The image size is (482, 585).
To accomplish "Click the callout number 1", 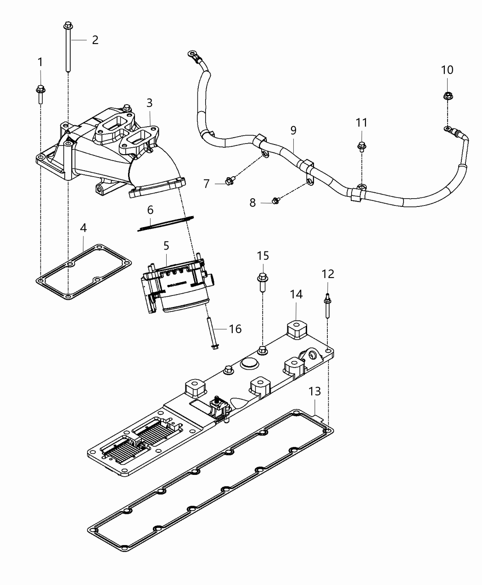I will tap(40, 61).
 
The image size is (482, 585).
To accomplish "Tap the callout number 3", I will tap(149, 103).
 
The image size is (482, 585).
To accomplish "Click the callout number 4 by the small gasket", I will tap(83, 228).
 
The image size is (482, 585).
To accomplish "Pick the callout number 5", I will tap(166, 246).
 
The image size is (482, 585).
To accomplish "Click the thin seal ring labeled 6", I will tap(166, 222).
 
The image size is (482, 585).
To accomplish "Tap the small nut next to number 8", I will tap(275, 200).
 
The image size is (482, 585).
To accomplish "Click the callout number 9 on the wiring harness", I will tap(293, 130).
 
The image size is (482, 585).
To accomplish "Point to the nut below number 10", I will tap(447, 96).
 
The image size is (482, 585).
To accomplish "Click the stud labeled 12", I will tap(328, 306).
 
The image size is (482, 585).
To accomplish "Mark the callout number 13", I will tap(314, 391).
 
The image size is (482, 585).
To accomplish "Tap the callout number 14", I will tap(296, 294).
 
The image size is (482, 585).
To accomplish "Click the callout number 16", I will tap(235, 329).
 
